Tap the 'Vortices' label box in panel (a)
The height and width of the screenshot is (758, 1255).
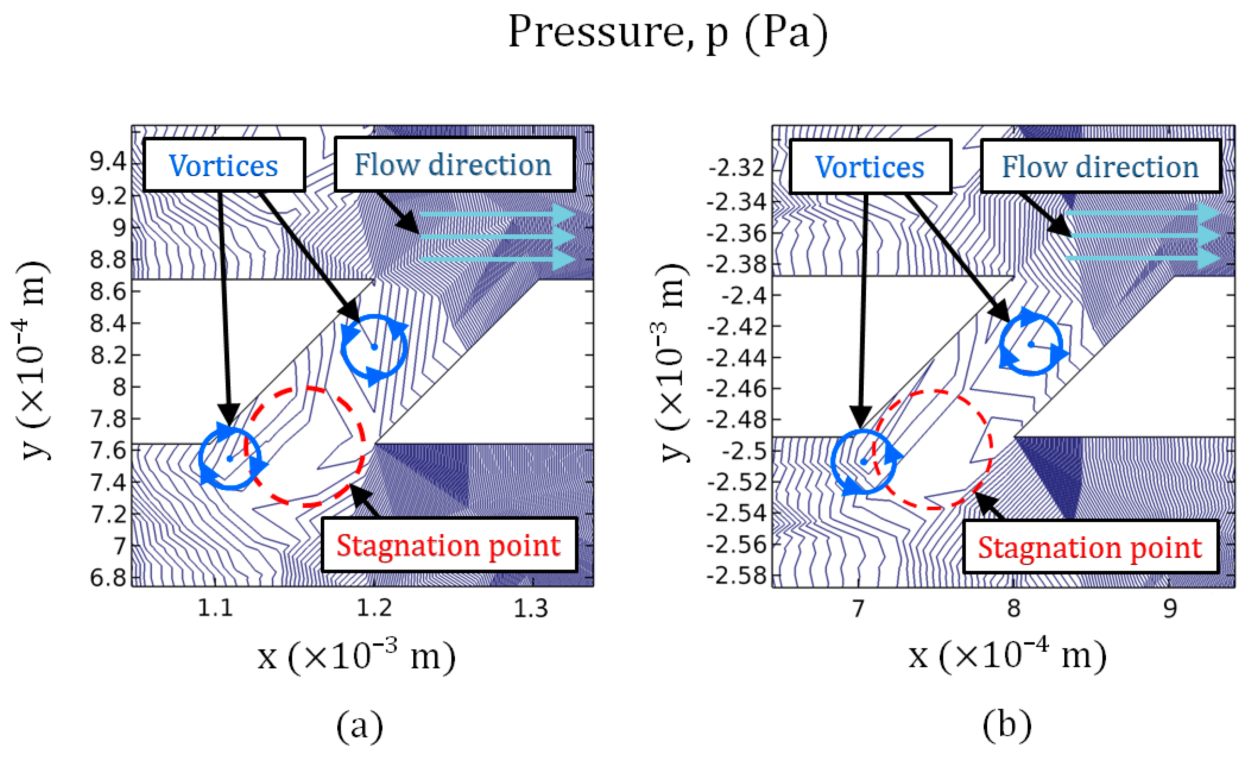224,165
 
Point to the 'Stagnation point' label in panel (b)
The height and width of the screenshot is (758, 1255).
1090,548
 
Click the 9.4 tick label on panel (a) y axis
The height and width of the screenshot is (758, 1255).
108,162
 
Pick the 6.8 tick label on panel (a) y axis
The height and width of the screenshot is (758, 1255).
108,578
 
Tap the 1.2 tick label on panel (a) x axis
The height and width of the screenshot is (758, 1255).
374,608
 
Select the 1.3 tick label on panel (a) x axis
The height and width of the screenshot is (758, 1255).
531,608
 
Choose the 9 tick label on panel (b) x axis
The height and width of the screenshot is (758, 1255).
1170,608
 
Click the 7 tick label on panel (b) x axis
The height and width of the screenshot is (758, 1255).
859,608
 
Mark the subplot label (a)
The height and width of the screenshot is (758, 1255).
360,726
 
